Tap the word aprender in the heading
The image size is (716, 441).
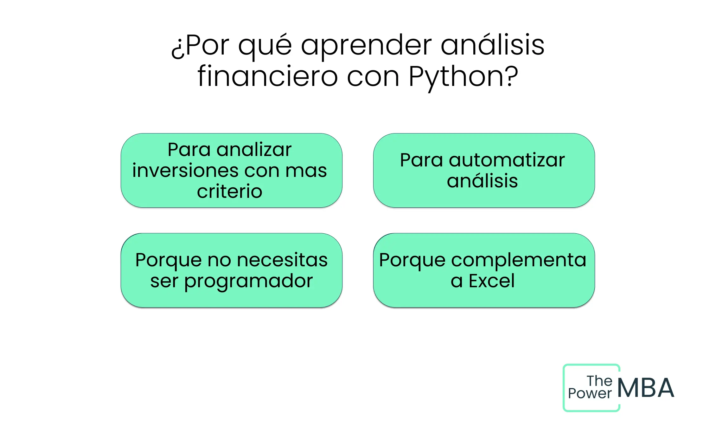point(366,46)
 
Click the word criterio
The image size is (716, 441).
point(230,191)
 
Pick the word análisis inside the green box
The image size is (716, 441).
point(483,181)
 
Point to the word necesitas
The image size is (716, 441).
point(282,260)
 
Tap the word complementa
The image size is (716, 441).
point(519,260)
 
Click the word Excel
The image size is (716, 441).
point(492,281)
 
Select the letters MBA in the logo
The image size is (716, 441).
point(646,388)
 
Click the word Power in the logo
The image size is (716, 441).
point(590,394)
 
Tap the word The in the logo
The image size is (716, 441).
point(599,381)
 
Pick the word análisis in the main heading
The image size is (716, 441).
point(493,45)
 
